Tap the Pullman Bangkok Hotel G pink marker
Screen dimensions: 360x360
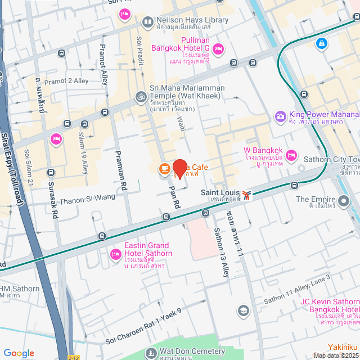(x=218, y=50)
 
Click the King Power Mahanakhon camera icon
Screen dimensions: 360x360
(x=280, y=116)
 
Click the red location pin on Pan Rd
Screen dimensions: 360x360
(x=180, y=168)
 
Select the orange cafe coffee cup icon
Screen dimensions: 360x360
(x=164, y=168)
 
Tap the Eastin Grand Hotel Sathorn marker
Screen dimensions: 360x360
(x=115, y=254)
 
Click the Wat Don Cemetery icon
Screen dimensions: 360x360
(x=150, y=353)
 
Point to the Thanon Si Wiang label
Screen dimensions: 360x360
(x=87, y=197)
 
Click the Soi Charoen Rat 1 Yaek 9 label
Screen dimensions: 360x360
(x=143, y=327)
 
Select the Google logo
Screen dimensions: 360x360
(x=19, y=353)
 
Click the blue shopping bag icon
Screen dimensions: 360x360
(x=321, y=43)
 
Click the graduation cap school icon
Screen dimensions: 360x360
(x=243, y=310)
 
